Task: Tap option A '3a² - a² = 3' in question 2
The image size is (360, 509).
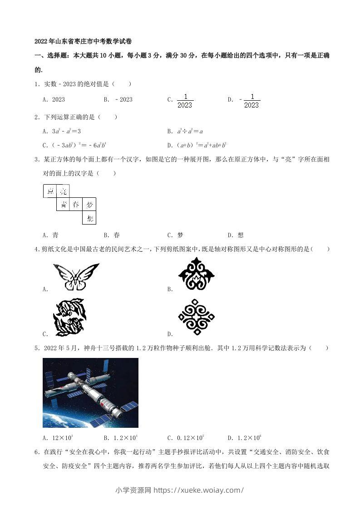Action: [61, 131]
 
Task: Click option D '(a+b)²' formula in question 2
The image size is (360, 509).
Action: [197, 146]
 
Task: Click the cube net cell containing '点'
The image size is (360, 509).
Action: [49, 191]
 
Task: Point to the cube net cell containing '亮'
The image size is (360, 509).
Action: [63, 191]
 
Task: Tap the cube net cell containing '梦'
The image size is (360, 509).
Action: [89, 205]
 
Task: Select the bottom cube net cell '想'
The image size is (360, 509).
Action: [89, 218]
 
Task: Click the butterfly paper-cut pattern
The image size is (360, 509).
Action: [75, 276]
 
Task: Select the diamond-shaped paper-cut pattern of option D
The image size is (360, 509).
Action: [196, 317]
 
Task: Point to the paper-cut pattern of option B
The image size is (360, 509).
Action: [196, 274]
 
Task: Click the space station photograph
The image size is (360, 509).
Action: [90, 392]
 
